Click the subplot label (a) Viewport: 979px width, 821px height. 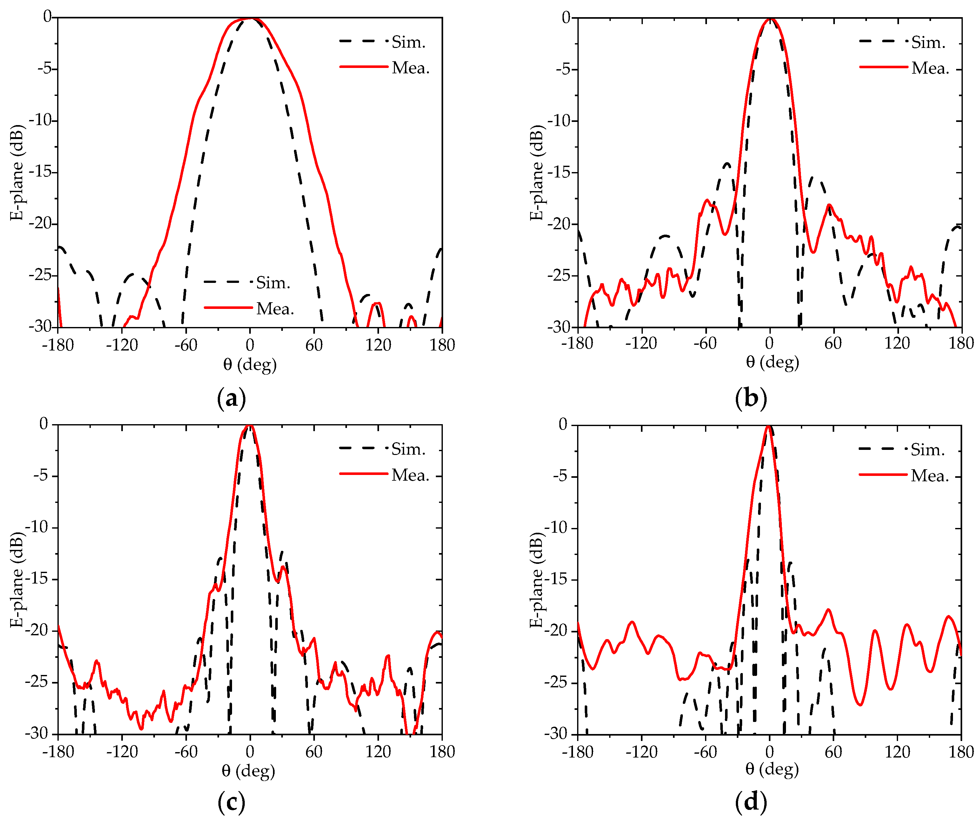pyautogui.click(x=231, y=399)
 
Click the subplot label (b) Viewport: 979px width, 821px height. pyautogui.click(x=750, y=399)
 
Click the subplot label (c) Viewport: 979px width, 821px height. pyautogui.click(x=231, y=802)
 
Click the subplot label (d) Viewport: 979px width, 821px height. pyautogui.click(x=750, y=802)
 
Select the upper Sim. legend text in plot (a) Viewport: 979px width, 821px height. pyautogui.click(x=408, y=43)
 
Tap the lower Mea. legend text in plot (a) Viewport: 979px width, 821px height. pyautogui.click(x=275, y=309)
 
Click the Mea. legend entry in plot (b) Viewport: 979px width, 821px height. pyautogui.click(x=930, y=69)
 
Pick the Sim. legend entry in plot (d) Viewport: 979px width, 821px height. pyautogui.click(x=928, y=450)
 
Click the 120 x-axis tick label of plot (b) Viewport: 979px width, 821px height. pyautogui.click(x=897, y=344)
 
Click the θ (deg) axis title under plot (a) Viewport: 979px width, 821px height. pyautogui.click(x=250, y=364)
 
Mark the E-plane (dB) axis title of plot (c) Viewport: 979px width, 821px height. pyautogui.click(x=17, y=579)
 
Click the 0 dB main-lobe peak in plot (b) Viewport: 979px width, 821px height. pyautogui.click(x=770, y=19)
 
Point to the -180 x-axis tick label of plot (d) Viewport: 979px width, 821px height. pyautogui.click(x=578, y=751)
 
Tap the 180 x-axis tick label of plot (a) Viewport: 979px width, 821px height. pyautogui.click(x=442, y=345)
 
